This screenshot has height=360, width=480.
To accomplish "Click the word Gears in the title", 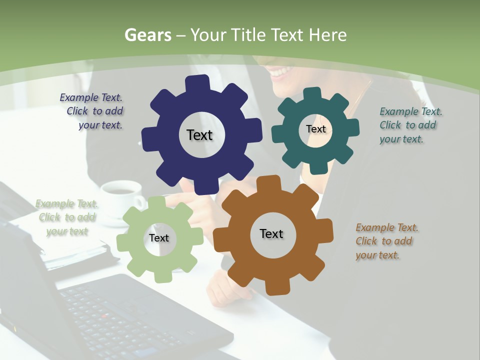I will click(147, 35).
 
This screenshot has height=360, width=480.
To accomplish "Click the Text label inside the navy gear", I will click(199, 135).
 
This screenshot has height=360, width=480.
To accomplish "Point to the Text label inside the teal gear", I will click(315, 129).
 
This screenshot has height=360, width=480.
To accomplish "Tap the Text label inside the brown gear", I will click(271, 233).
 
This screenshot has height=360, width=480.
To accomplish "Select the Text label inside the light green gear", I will click(158, 238).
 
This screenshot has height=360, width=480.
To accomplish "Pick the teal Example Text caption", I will click(410, 125).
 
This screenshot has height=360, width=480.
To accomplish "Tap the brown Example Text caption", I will click(386, 241).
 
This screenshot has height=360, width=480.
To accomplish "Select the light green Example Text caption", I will click(67, 217).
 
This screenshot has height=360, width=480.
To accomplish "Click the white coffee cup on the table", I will click(120, 192).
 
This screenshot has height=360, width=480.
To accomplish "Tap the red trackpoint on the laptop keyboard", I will click(104, 316).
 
